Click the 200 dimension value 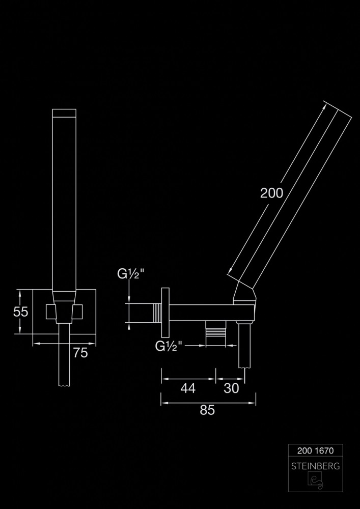click(272, 193)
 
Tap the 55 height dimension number click(21, 312)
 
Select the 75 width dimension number click(80, 353)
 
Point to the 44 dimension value click(188, 388)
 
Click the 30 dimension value click(232, 388)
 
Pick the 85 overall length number click(207, 411)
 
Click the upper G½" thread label click(131, 274)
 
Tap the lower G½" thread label click(169, 346)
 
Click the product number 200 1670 click(316, 450)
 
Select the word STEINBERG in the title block click(316, 466)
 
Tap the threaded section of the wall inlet click(157, 313)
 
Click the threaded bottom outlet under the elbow click(217, 334)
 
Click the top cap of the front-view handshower click(64, 113)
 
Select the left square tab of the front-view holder click(50, 312)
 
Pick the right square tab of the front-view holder click(77, 312)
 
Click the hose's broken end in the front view click(64, 385)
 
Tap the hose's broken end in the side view click(245, 367)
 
